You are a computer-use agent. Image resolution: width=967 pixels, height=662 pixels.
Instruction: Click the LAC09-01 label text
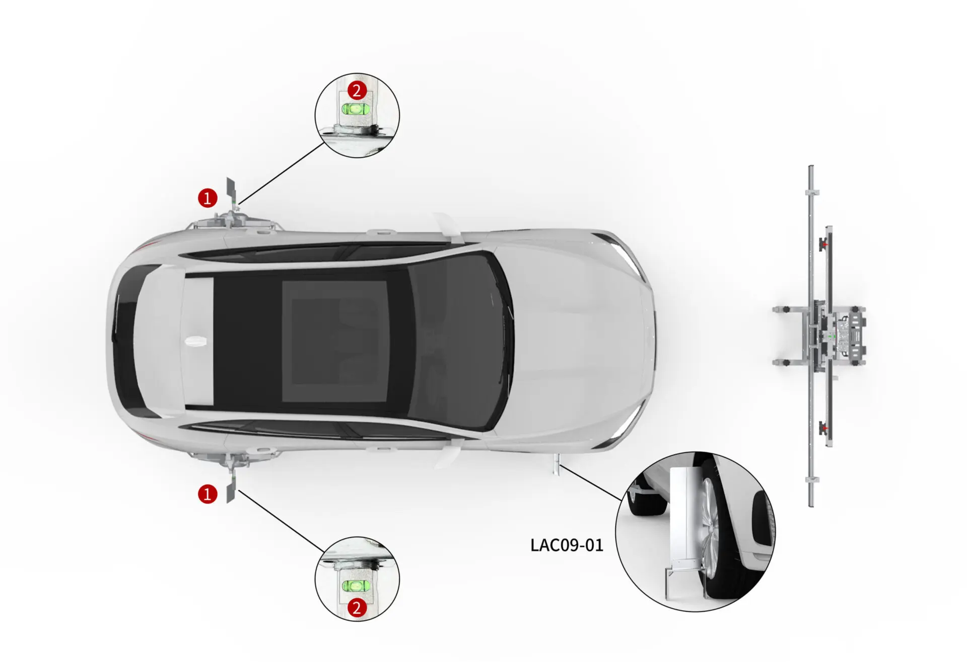coord(567,545)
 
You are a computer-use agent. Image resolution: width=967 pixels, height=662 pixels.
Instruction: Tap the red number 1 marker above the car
coord(208,198)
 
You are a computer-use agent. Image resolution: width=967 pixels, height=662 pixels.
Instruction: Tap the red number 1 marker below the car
coord(208,494)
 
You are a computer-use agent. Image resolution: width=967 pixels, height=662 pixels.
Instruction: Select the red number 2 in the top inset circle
coord(357,91)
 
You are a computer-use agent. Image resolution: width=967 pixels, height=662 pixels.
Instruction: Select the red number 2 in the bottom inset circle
coord(357,608)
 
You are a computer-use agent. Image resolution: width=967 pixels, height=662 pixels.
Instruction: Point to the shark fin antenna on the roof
coord(196,341)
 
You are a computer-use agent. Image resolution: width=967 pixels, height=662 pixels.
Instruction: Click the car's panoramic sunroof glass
coord(334,341)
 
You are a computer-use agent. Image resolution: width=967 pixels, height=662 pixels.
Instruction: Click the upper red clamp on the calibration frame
coord(824,245)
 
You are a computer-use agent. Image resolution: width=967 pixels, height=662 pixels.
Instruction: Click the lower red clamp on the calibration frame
coord(824,428)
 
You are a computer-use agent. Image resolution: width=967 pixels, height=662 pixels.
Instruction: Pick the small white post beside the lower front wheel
coord(556,464)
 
